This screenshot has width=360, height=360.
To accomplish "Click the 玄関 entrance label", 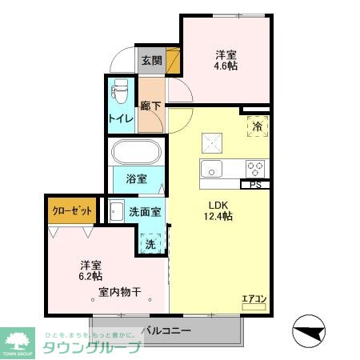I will point(152,60).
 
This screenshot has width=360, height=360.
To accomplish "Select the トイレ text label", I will point(121,120).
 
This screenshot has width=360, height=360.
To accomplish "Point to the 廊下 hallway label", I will point(150,106).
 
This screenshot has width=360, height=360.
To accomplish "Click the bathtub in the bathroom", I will point(136,153).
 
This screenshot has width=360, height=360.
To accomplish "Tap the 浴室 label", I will point(135,178).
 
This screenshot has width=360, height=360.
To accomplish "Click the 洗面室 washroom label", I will point(146,212).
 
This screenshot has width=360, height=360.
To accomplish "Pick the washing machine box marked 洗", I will point(150,243).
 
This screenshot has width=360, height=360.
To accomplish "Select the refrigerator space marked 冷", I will point(257,126).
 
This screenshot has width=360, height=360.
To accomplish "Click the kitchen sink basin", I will point(213,170).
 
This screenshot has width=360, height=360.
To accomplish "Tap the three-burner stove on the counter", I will point(256,168).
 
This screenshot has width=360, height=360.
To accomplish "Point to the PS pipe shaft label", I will point(255,185).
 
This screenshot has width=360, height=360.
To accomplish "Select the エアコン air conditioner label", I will point(254,298).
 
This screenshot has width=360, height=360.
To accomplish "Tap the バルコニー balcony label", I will point(166,329).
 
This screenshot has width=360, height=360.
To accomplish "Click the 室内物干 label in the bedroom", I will point(120,292).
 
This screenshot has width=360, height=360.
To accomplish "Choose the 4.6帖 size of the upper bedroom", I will point(226,68).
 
